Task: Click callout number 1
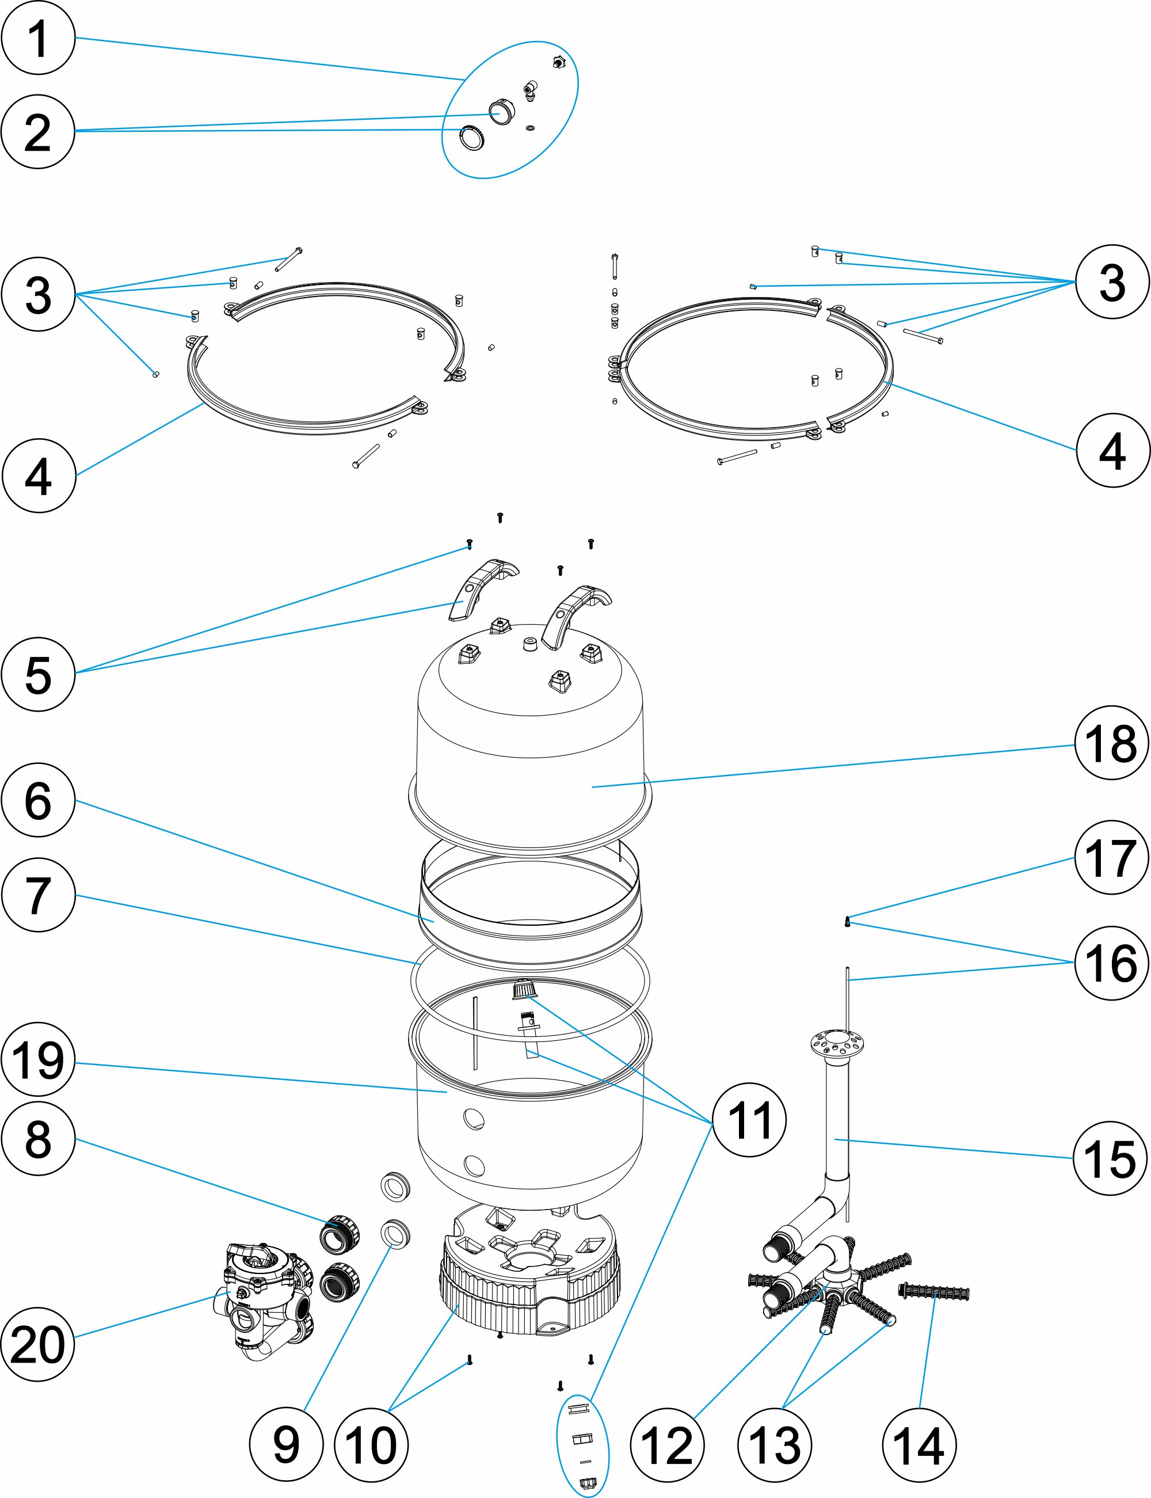point(37,37)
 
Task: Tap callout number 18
point(1111,743)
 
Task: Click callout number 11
point(749,1120)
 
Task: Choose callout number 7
point(37,894)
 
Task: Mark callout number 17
point(1111,857)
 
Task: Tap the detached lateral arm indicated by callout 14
point(933,1292)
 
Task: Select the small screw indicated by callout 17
point(848,922)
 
